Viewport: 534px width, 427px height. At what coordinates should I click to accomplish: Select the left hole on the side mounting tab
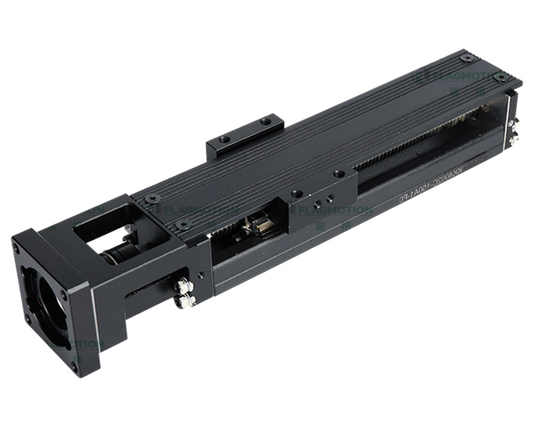point(224,140)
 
